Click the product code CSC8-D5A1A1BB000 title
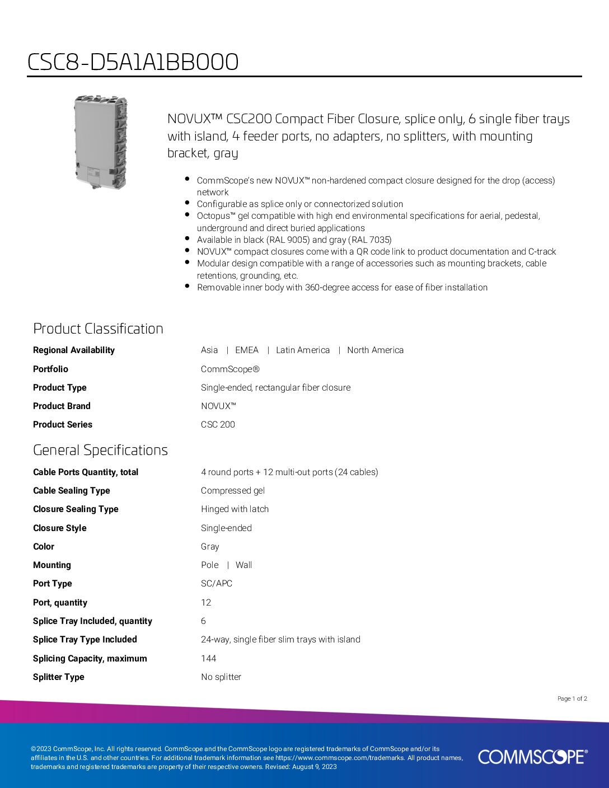(x=133, y=62)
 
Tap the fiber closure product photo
(x=101, y=142)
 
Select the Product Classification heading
(x=98, y=329)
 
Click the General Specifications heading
(x=100, y=450)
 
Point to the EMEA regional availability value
(x=246, y=350)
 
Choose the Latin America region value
(x=302, y=350)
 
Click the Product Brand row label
(x=62, y=406)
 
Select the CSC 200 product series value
(x=218, y=425)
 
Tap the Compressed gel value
(x=232, y=491)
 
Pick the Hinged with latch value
(x=235, y=509)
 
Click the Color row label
(x=44, y=547)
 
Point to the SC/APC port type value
(x=216, y=584)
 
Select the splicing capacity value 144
(x=208, y=659)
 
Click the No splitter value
(x=221, y=677)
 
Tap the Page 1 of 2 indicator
(x=572, y=698)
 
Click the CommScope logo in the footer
(x=532, y=757)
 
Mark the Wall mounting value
(x=243, y=565)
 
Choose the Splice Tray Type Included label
(x=85, y=640)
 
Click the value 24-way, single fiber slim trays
(x=280, y=640)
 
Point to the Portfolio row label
(x=50, y=369)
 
